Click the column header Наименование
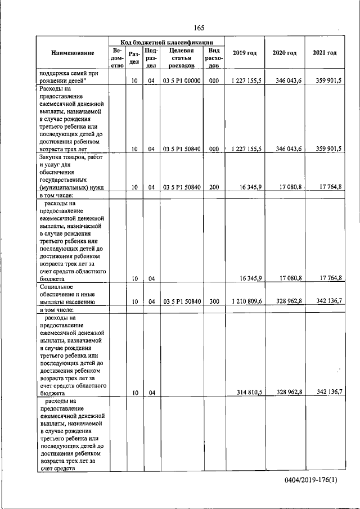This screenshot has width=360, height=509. (73, 53)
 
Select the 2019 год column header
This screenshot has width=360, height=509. (244, 53)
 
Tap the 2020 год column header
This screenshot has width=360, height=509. (284, 53)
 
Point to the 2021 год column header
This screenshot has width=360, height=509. (325, 53)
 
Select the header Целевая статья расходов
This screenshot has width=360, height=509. (181, 58)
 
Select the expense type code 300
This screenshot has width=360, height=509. (213, 301)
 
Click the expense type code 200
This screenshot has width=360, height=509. (213, 187)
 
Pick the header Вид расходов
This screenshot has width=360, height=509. (213, 58)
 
